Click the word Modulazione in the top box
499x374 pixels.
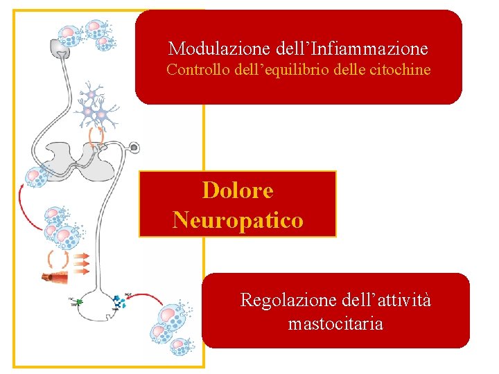[x=204, y=48]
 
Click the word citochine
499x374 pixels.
[x=399, y=70]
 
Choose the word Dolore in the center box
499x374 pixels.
[x=237, y=190]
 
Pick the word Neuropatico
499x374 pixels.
[x=238, y=220]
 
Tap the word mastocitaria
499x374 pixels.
[x=335, y=323]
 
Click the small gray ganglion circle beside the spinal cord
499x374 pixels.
[x=134, y=148]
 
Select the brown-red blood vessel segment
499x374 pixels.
[x=55, y=278]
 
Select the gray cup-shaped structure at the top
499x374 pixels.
[x=62, y=48]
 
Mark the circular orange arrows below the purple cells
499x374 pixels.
[x=97, y=134]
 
